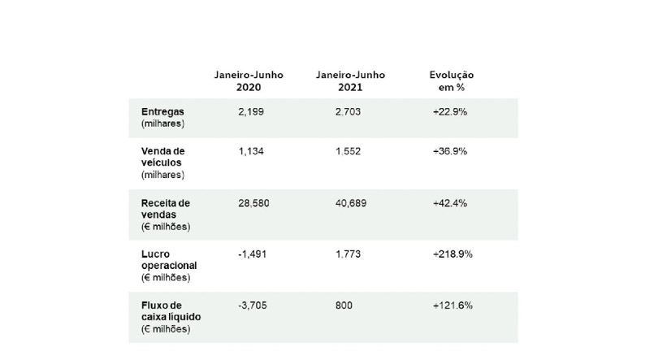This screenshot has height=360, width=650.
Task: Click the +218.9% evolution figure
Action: [453, 254]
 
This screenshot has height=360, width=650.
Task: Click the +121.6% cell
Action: [452, 306]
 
